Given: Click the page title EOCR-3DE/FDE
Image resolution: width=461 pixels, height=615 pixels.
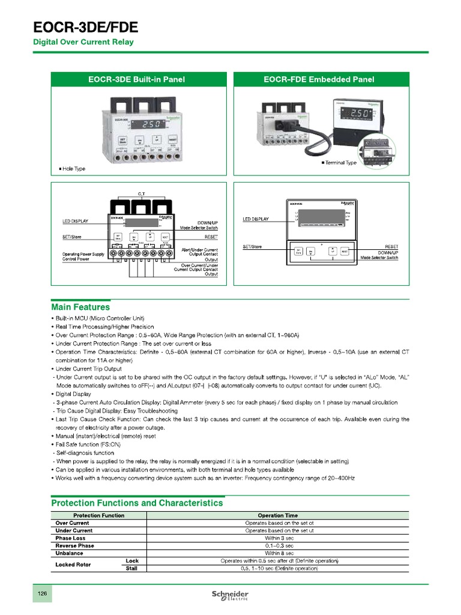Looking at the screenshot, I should [85, 27].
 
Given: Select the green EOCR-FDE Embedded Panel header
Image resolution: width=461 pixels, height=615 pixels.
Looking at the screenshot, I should [319, 79].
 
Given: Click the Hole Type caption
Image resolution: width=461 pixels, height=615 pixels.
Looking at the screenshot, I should [73, 169].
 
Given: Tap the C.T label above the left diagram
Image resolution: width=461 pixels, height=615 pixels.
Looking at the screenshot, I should [141, 193].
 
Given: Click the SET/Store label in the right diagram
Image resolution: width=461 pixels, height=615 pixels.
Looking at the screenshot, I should [252, 247].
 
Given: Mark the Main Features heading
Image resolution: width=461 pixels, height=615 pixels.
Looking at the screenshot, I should [80, 307].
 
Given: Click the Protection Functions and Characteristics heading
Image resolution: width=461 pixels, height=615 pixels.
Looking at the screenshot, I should [137, 503].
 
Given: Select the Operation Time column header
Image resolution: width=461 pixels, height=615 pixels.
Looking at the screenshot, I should [277, 515].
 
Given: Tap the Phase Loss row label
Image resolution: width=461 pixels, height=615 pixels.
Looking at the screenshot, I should [71, 538].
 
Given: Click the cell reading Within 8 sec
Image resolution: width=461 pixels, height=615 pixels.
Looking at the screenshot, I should [279, 553].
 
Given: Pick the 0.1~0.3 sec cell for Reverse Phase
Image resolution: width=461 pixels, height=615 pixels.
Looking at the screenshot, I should [279, 545].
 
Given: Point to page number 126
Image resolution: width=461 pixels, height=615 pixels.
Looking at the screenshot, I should [43, 593].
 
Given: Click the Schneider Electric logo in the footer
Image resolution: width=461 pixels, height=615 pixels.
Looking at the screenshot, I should [230, 595].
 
